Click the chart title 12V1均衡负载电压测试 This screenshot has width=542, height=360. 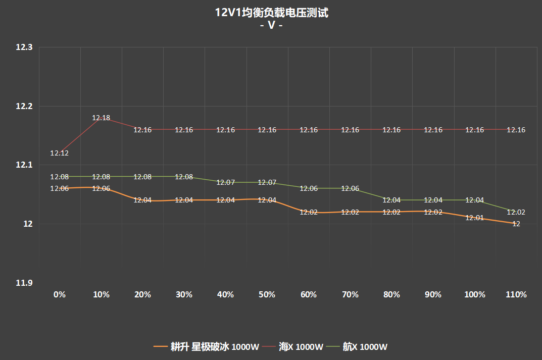[271, 13]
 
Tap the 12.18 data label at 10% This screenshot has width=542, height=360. [101, 118]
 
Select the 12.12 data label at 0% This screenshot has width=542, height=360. [60, 153]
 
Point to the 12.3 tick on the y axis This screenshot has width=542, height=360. [24, 47]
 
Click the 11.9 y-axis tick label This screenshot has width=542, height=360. [24, 283]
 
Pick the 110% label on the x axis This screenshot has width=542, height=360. [516, 294]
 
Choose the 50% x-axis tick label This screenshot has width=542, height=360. [267, 294]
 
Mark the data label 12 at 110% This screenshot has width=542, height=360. [516, 224]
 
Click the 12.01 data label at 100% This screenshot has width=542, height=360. [475, 218]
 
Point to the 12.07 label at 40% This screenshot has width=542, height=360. [226, 182]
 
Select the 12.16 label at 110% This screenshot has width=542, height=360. [516, 130]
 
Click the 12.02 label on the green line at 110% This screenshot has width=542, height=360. [516, 212]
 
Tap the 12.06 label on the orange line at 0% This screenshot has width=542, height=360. [60, 188]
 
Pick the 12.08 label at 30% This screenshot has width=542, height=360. [184, 177]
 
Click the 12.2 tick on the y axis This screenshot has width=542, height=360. [24, 107]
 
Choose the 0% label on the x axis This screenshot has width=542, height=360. [60, 294]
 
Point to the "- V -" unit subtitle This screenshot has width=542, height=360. [271, 25]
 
